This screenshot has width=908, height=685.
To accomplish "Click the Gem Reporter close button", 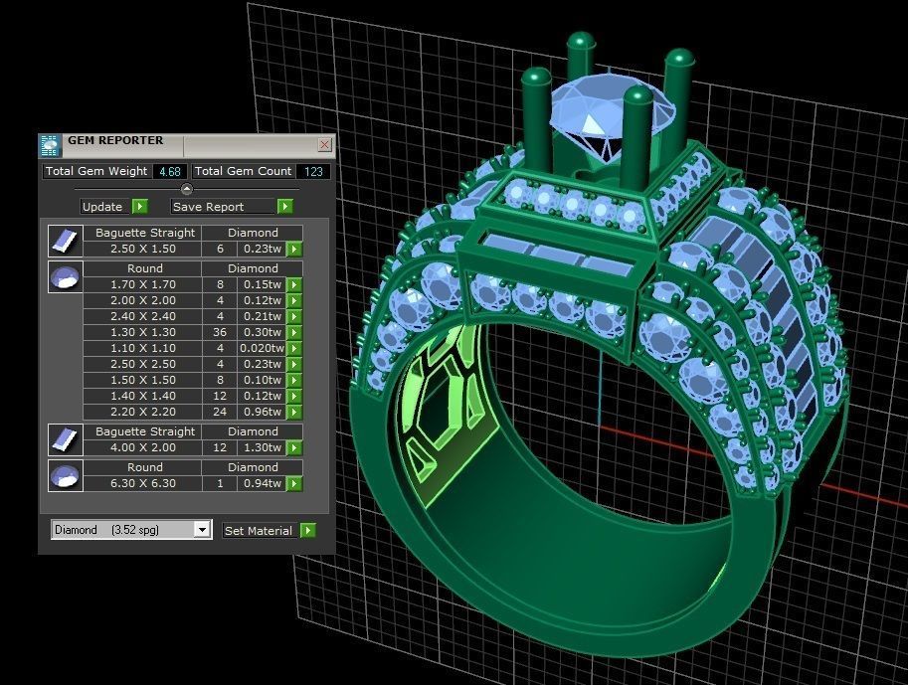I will (x=324, y=145).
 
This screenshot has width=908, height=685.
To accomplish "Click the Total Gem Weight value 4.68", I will (x=169, y=171).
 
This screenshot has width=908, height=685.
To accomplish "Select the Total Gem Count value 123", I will (x=315, y=171).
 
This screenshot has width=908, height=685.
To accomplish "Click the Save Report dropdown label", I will (x=223, y=207).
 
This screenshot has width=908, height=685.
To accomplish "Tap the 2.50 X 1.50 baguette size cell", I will (x=142, y=250).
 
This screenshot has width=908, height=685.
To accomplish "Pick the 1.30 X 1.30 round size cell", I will (x=142, y=332).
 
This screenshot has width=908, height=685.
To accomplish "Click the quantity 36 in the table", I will (x=220, y=332).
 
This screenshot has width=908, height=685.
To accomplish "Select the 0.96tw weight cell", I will (x=262, y=412).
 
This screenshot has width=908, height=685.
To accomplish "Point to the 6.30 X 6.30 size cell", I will (x=142, y=483).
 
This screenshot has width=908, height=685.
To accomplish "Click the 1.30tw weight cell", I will (x=262, y=448).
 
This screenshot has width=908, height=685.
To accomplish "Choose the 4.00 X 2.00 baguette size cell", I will (x=142, y=448).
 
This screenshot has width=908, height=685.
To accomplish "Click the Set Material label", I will (x=259, y=531).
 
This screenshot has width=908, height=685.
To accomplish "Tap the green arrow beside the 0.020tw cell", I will (x=294, y=348).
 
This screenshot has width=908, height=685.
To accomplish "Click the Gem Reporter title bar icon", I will (x=50, y=145).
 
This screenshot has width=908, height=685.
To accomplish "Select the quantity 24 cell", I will (x=220, y=412).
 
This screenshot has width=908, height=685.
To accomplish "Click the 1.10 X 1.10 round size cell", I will (x=142, y=348).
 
